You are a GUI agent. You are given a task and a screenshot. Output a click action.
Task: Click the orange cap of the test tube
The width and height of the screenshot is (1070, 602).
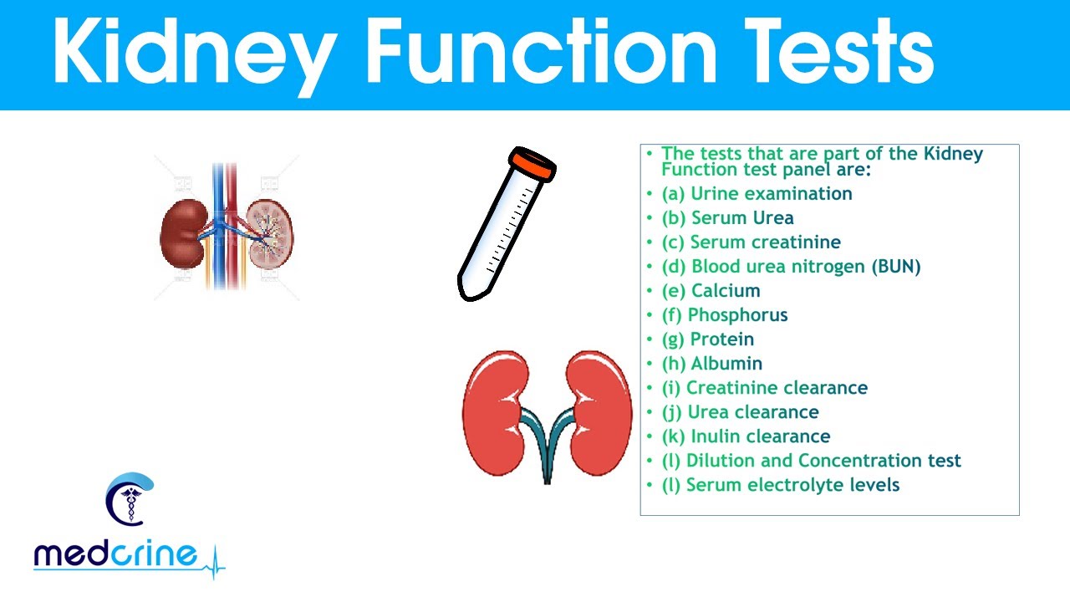click(533, 164)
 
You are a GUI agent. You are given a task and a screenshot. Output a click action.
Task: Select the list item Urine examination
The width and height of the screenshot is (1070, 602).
click(757, 194)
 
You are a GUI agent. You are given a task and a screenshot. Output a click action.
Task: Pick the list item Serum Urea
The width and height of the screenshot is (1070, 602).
click(727, 218)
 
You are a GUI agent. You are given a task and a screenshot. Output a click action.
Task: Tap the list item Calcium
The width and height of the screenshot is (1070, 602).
click(711, 291)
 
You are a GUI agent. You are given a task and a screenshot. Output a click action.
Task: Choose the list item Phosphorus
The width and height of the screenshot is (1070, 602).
click(724, 315)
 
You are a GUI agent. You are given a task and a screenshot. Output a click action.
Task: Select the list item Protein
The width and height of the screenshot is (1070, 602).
click(707, 339)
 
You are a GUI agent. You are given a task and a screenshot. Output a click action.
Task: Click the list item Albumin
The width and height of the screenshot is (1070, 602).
click(711, 364)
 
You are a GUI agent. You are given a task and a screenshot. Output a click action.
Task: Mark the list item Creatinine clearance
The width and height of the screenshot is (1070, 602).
click(764, 388)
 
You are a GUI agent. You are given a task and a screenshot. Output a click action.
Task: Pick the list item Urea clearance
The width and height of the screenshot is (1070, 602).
click(740, 412)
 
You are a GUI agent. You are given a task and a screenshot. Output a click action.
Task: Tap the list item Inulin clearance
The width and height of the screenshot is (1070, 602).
click(746, 436)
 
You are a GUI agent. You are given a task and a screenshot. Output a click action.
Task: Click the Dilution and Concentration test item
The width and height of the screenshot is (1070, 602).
click(811, 461)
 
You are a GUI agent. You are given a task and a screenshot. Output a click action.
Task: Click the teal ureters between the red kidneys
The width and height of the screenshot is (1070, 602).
click(548, 435)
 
